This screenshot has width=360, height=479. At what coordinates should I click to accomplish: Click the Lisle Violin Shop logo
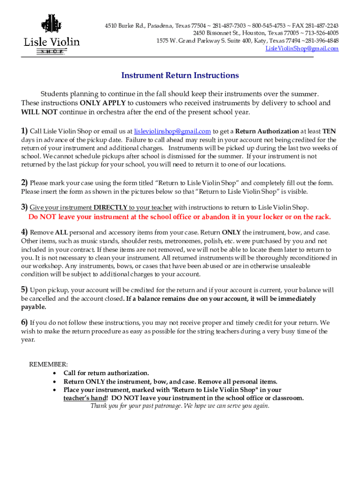pyautogui.click(x=51, y=35)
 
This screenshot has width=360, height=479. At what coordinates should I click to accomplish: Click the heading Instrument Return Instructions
pyautogui.click(x=180, y=75)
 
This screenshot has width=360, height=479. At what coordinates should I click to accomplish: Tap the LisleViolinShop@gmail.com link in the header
pyautogui.click(x=302, y=49)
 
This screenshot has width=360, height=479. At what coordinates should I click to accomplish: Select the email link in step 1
pyautogui.click(x=172, y=131)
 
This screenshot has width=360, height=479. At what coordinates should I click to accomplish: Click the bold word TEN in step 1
pyautogui.click(x=329, y=131)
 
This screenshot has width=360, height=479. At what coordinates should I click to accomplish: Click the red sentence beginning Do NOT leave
pyautogui.click(x=180, y=217)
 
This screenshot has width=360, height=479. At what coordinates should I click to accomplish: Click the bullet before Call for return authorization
pyautogui.click(x=56, y=373)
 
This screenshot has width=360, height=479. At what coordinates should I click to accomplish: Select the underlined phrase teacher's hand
pyautogui.click(x=85, y=398)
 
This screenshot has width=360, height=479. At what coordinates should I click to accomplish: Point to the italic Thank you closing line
pyautogui.click(x=180, y=406)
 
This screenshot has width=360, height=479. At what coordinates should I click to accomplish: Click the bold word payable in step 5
pyautogui.click(x=33, y=307)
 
